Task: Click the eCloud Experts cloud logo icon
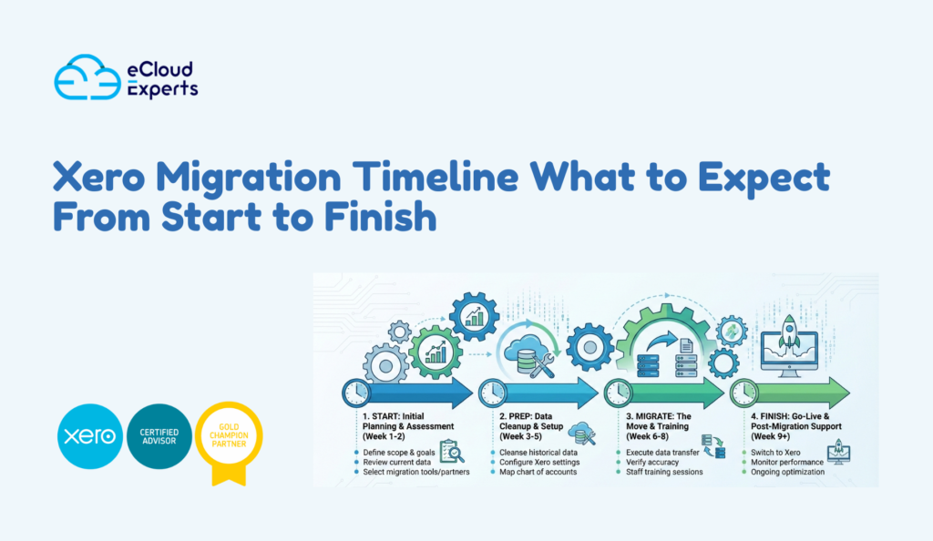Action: coord(87,77)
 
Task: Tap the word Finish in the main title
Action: coord(370,217)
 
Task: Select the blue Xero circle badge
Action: coord(88,436)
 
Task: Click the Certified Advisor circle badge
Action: coord(159,436)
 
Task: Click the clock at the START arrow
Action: coord(356,393)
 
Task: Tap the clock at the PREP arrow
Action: coord(492,393)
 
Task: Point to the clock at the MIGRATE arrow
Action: coord(617,393)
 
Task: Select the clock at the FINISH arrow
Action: coord(743,393)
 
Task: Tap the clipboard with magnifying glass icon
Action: coord(452,451)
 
